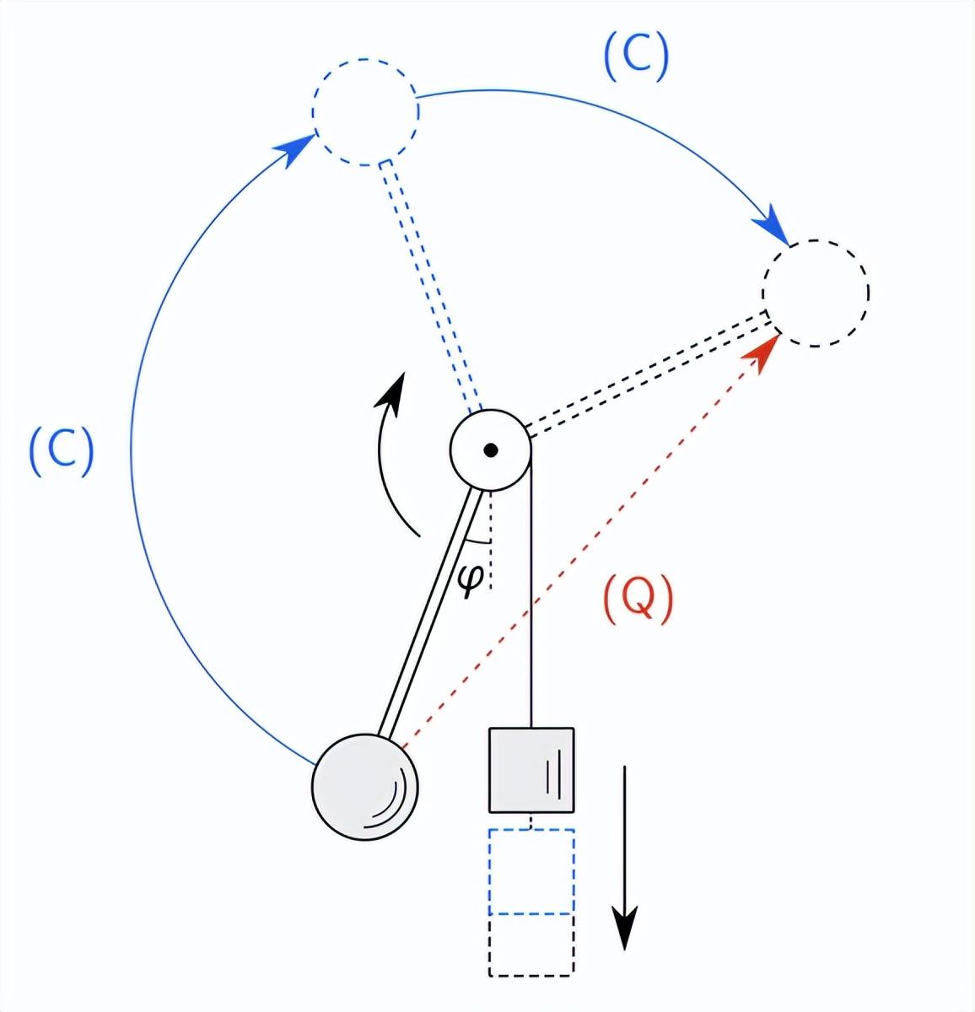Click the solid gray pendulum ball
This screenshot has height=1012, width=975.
click(x=365, y=786)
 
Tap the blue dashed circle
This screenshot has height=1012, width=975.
click(x=365, y=112)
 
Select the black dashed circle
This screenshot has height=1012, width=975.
click(x=816, y=293)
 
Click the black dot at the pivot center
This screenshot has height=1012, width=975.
click(x=491, y=449)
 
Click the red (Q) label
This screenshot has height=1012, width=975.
click(x=638, y=600)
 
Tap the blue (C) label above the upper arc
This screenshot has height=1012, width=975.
click(x=636, y=57)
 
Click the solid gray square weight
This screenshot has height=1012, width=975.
click(x=531, y=770)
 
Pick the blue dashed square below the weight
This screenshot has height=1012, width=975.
click(x=531, y=871)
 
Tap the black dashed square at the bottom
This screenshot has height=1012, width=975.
click(x=531, y=945)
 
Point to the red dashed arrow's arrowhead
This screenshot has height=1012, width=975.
click(x=766, y=345)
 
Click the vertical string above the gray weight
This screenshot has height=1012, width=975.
click(x=531, y=607)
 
